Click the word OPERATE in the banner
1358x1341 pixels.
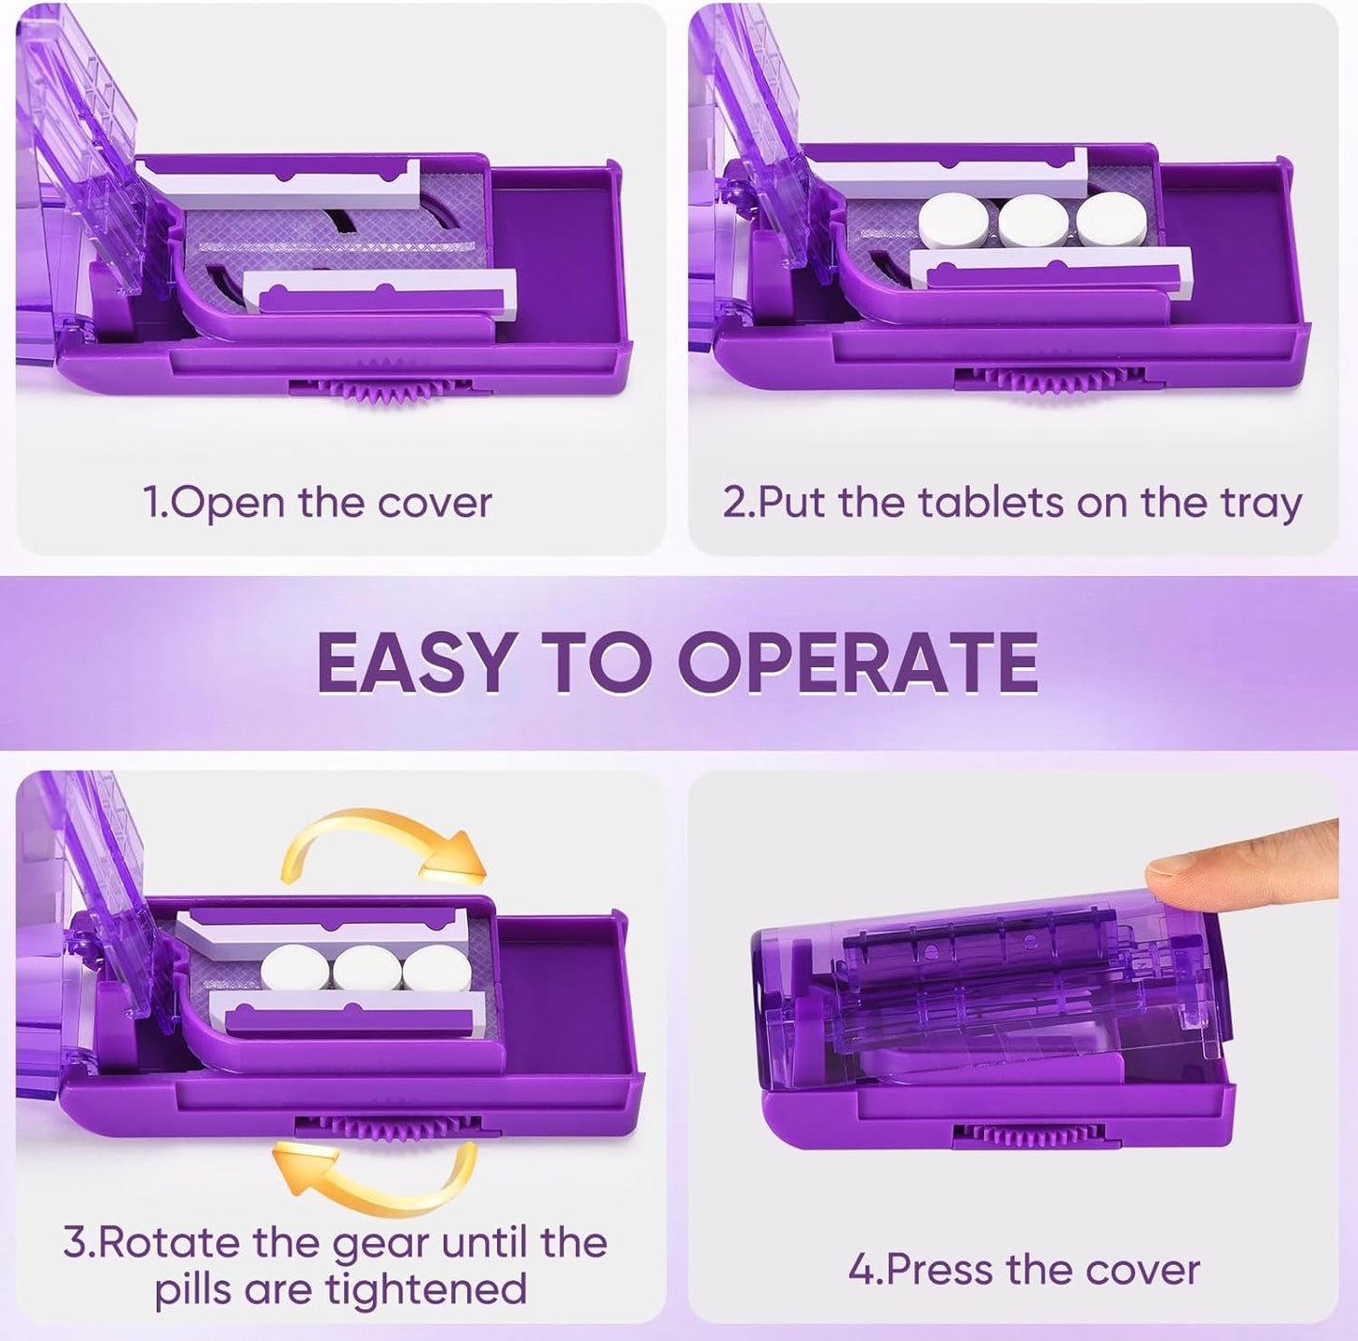(857, 663)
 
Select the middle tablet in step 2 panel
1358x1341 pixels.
(1033, 222)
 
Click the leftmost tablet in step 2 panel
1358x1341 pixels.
(953, 222)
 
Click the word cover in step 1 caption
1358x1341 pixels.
(434, 503)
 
